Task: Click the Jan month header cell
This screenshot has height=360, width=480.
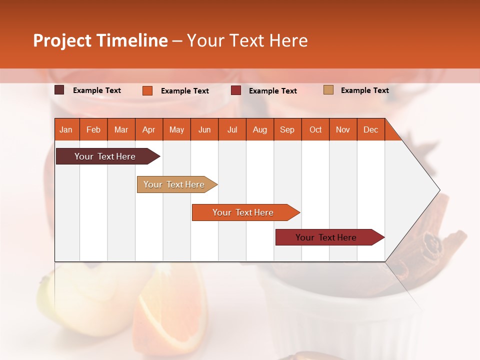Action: [66, 129]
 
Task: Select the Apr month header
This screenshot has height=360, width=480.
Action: [149, 129]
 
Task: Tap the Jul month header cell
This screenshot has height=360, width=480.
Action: [232, 129]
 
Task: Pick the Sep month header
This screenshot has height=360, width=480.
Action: [287, 129]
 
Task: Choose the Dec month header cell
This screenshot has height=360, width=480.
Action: [370, 129]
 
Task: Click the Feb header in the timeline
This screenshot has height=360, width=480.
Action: [93, 129]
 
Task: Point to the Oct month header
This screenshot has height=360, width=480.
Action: [315, 129]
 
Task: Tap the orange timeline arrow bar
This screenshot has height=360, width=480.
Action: [243, 212]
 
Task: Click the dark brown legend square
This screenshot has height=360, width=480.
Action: [59, 90]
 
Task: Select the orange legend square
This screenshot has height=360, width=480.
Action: [147, 90]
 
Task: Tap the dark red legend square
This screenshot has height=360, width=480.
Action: [236, 90]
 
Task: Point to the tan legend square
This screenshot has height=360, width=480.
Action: [328, 90]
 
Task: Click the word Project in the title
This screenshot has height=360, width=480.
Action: [62, 40]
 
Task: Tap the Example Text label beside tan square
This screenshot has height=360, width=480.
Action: [364, 90]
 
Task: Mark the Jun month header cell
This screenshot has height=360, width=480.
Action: [204, 129]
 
